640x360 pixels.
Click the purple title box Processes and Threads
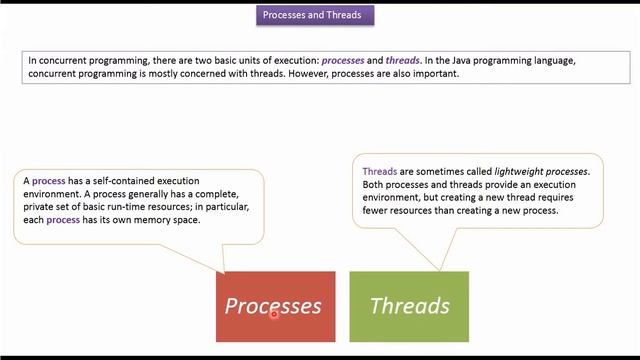coord(319,15)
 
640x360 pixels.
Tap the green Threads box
coord(409,305)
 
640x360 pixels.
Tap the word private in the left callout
coord(40,207)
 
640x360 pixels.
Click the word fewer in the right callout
coord(377,211)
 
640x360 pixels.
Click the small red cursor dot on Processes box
coord(273,313)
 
